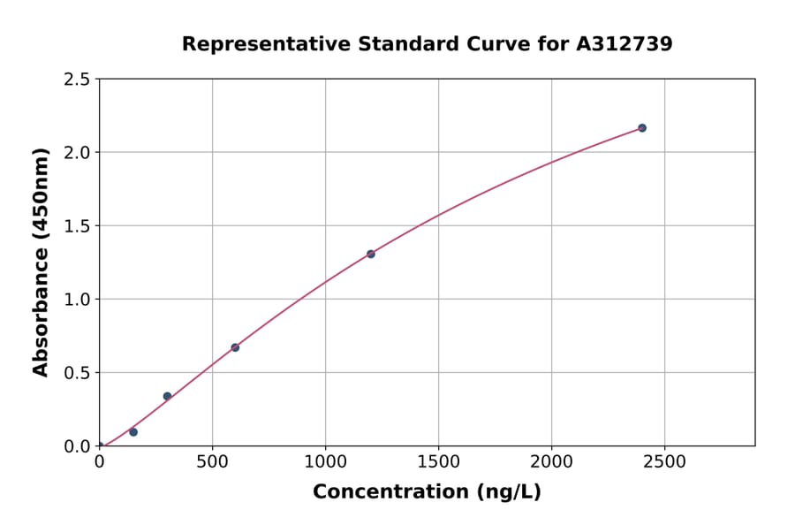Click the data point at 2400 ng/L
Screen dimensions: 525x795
click(x=642, y=128)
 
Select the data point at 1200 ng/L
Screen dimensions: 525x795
click(x=371, y=254)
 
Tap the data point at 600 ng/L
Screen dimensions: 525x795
click(x=235, y=347)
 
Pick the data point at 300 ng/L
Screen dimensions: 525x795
click(x=167, y=396)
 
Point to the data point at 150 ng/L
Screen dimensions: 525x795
click(x=133, y=432)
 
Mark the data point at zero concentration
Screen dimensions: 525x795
click(x=100, y=445)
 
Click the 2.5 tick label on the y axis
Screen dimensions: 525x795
click(x=77, y=80)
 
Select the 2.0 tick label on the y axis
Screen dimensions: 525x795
click(x=77, y=153)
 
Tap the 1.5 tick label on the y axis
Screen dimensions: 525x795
click(x=77, y=226)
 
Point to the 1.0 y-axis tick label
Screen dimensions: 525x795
click(x=77, y=300)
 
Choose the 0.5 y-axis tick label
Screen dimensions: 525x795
click(x=77, y=373)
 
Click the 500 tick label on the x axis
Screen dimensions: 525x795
click(x=212, y=462)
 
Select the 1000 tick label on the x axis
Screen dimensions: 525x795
click(x=325, y=462)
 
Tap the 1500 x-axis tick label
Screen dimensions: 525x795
click(x=438, y=462)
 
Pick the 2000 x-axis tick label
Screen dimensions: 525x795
click(x=551, y=462)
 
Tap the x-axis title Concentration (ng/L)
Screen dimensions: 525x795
click(x=427, y=491)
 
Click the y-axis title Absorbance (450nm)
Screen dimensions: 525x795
click(x=41, y=262)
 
